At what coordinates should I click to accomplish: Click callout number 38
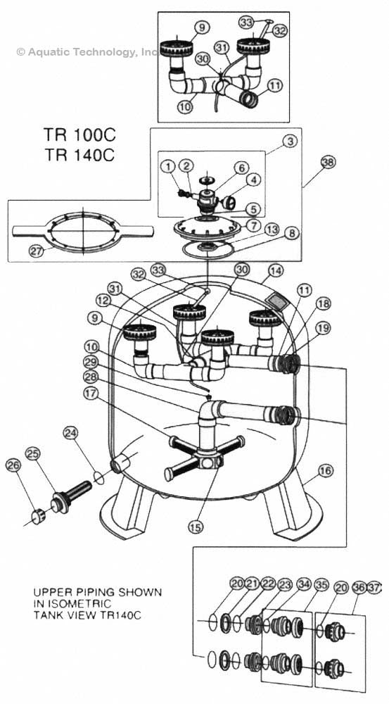(x=328, y=162)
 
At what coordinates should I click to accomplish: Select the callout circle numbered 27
(x=36, y=251)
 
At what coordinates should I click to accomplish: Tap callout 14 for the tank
(x=276, y=270)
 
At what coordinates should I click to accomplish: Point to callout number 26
(x=13, y=466)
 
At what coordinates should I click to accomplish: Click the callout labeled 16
(x=325, y=470)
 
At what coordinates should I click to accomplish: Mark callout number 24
(x=70, y=433)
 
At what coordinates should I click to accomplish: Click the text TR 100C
(x=79, y=134)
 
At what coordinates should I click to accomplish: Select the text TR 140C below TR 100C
(x=79, y=154)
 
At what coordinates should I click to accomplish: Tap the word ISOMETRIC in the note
(x=72, y=603)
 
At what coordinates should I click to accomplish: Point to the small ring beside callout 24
(x=99, y=477)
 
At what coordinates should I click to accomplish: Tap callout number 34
(x=304, y=584)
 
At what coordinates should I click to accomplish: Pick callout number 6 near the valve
(x=241, y=168)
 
